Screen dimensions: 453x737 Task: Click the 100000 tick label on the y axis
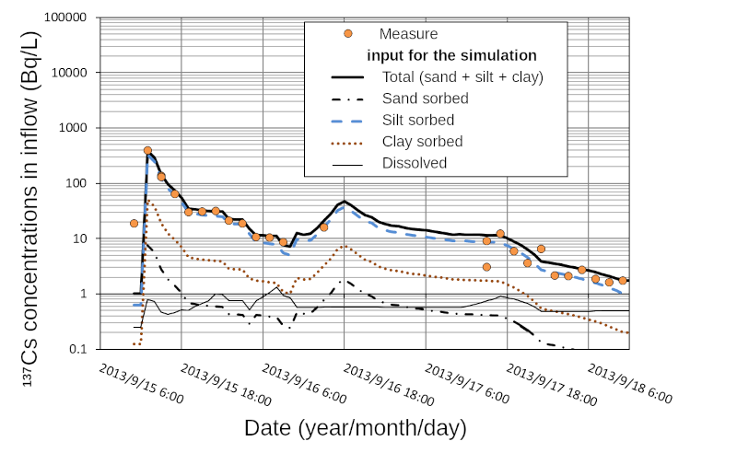click(62, 18)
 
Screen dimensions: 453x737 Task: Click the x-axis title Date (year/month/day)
click(355, 428)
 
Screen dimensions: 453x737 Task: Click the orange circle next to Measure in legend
click(347, 34)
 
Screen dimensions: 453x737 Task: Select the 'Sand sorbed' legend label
click(426, 99)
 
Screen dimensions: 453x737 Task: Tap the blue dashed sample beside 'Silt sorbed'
click(347, 121)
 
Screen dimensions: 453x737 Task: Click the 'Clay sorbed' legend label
click(423, 142)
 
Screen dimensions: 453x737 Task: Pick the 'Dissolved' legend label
click(415, 164)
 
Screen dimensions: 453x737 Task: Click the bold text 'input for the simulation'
click(451, 55)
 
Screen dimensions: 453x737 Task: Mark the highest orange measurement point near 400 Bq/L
click(147, 150)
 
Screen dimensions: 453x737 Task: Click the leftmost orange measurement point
click(135, 223)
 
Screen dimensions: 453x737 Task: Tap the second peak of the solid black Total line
click(345, 201)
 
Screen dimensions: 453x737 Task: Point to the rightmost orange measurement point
click(623, 280)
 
